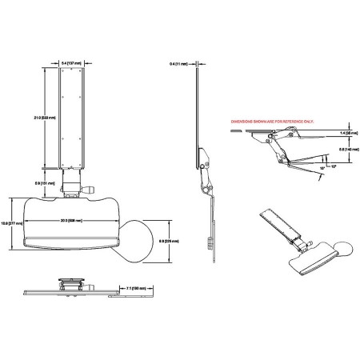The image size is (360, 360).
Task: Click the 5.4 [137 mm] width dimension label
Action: click(70, 61)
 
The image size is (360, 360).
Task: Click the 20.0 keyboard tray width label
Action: click(74, 222)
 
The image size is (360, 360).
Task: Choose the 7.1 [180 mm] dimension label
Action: click(142, 286)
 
